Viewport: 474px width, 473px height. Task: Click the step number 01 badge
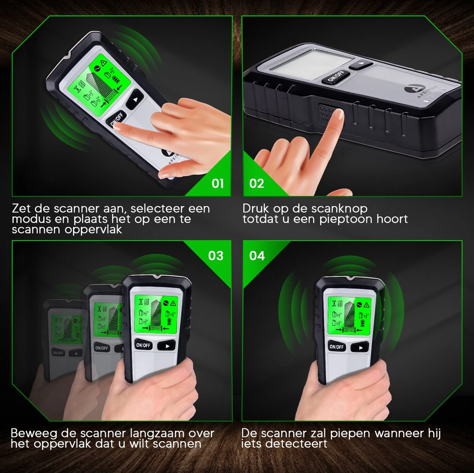point(218,183)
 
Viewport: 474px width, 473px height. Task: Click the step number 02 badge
point(257,183)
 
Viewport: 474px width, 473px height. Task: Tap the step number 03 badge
point(216,256)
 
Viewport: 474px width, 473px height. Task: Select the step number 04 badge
point(257,256)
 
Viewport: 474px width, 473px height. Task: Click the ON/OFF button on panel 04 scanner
point(337,347)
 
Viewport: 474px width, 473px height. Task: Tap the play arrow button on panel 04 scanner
point(360,347)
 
